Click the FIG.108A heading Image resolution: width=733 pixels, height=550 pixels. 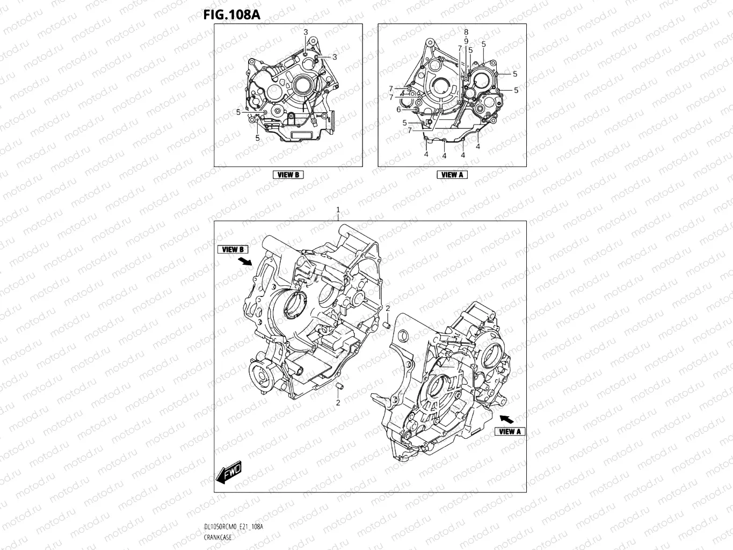(x=231, y=15)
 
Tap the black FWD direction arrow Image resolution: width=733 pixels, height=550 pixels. (x=228, y=472)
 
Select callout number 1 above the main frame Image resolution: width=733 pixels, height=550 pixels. (x=338, y=209)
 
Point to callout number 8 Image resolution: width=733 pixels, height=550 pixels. (x=466, y=32)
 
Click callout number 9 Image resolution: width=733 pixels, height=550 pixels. (x=466, y=41)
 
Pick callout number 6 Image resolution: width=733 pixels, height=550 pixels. (x=399, y=110)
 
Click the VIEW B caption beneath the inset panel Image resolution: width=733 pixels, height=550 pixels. (x=288, y=175)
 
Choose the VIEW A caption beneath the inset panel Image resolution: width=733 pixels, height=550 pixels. (x=452, y=175)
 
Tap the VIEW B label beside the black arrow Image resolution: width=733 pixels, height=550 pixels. (x=233, y=249)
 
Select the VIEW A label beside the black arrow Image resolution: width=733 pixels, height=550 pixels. (x=510, y=431)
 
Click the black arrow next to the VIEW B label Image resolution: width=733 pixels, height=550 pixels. (x=245, y=261)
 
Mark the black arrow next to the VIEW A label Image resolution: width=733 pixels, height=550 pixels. (x=506, y=419)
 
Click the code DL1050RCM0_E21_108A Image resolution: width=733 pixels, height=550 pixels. (x=234, y=526)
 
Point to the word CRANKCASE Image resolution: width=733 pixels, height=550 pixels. (x=217, y=538)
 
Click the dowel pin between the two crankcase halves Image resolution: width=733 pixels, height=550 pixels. (x=387, y=325)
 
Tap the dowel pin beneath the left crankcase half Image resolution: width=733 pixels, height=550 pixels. (x=339, y=386)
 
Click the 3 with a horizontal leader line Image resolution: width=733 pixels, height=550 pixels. (x=335, y=57)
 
